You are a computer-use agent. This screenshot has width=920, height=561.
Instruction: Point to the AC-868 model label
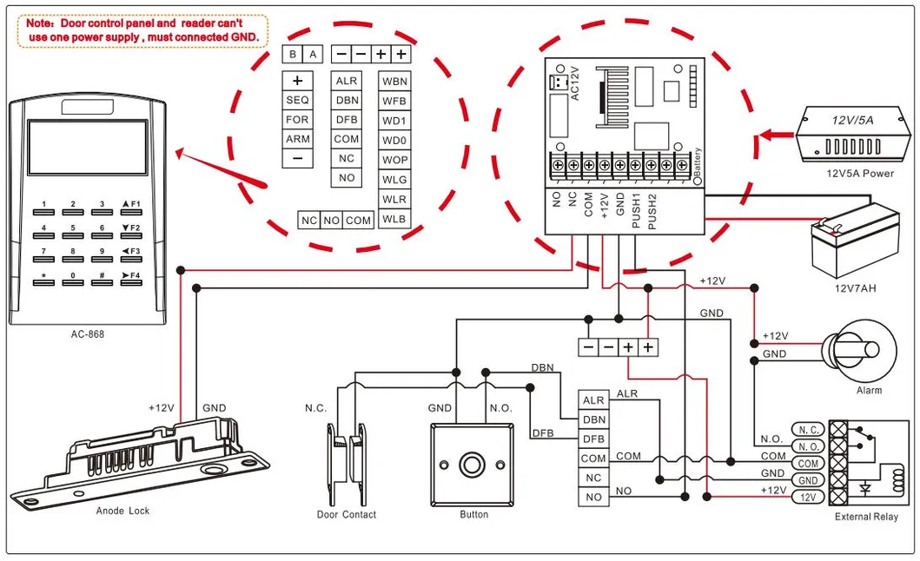point(88,333)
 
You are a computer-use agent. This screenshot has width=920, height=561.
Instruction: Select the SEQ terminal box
point(297,100)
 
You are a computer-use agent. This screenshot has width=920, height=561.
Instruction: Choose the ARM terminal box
point(297,139)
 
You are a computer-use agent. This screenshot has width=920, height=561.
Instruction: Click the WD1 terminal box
point(394,120)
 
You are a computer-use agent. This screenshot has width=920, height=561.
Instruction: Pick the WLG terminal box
point(394,180)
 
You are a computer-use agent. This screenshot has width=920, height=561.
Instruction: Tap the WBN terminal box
point(394,81)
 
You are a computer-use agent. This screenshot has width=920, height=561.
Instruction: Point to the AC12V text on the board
point(574,83)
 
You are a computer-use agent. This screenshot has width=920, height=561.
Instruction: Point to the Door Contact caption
point(346,515)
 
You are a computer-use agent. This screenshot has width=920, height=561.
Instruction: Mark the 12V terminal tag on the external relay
point(807,497)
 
